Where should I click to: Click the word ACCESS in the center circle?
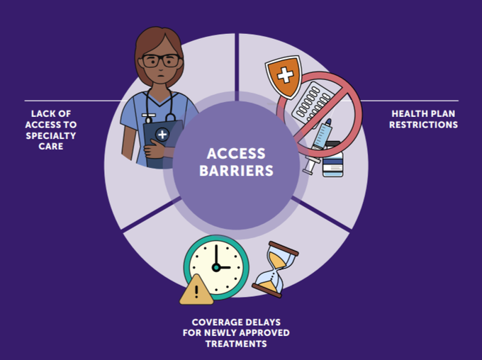[x=236, y=153]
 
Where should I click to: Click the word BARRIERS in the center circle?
[x=236, y=170]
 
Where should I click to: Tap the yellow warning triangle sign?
[x=196, y=289]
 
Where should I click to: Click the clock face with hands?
[x=216, y=267]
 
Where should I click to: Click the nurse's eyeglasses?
[x=160, y=60]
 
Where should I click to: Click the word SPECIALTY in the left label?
[x=54, y=136]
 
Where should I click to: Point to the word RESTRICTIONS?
[x=425, y=125]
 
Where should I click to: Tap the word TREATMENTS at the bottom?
[x=236, y=344]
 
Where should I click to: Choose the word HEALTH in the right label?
[x=410, y=113]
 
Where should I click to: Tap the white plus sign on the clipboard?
[x=162, y=134]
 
